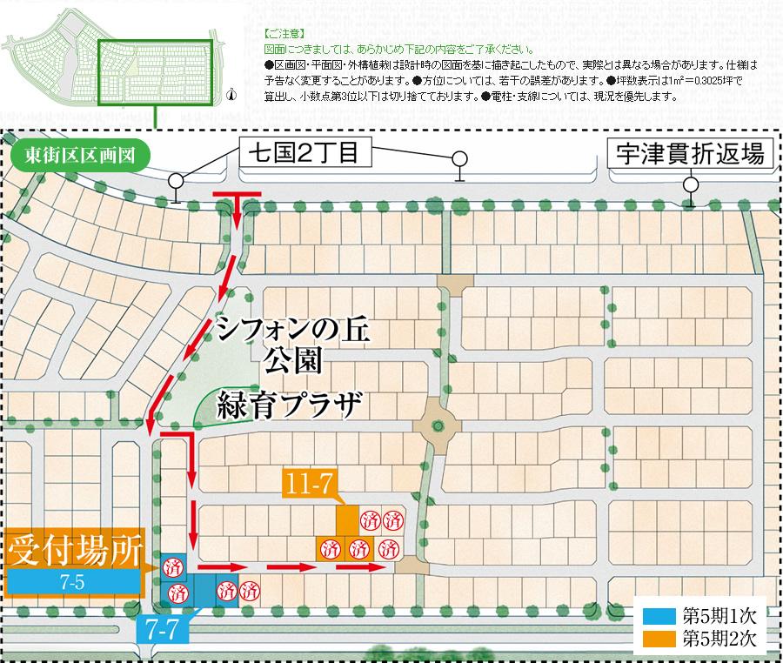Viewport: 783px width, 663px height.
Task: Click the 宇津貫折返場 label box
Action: tap(687, 155)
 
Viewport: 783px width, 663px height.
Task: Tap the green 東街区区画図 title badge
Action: tap(80, 158)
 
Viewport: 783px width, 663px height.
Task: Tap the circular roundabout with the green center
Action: tap(435, 425)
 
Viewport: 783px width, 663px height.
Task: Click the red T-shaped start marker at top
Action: tap(236, 197)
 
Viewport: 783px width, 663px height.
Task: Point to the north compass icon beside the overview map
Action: tap(231, 96)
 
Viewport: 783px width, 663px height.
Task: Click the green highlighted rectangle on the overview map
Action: tap(155, 73)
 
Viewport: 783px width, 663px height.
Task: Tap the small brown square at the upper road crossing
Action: tap(453, 283)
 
